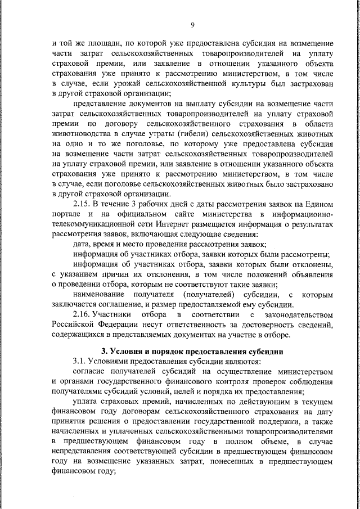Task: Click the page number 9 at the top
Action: click(192, 24)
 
